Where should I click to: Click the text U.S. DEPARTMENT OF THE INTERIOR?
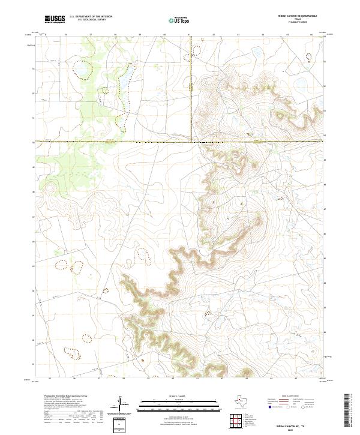91,17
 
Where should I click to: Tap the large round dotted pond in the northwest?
81,72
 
